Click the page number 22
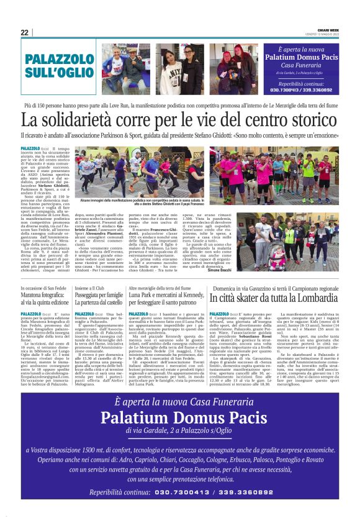pyautogui.click(x=25, y=32)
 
